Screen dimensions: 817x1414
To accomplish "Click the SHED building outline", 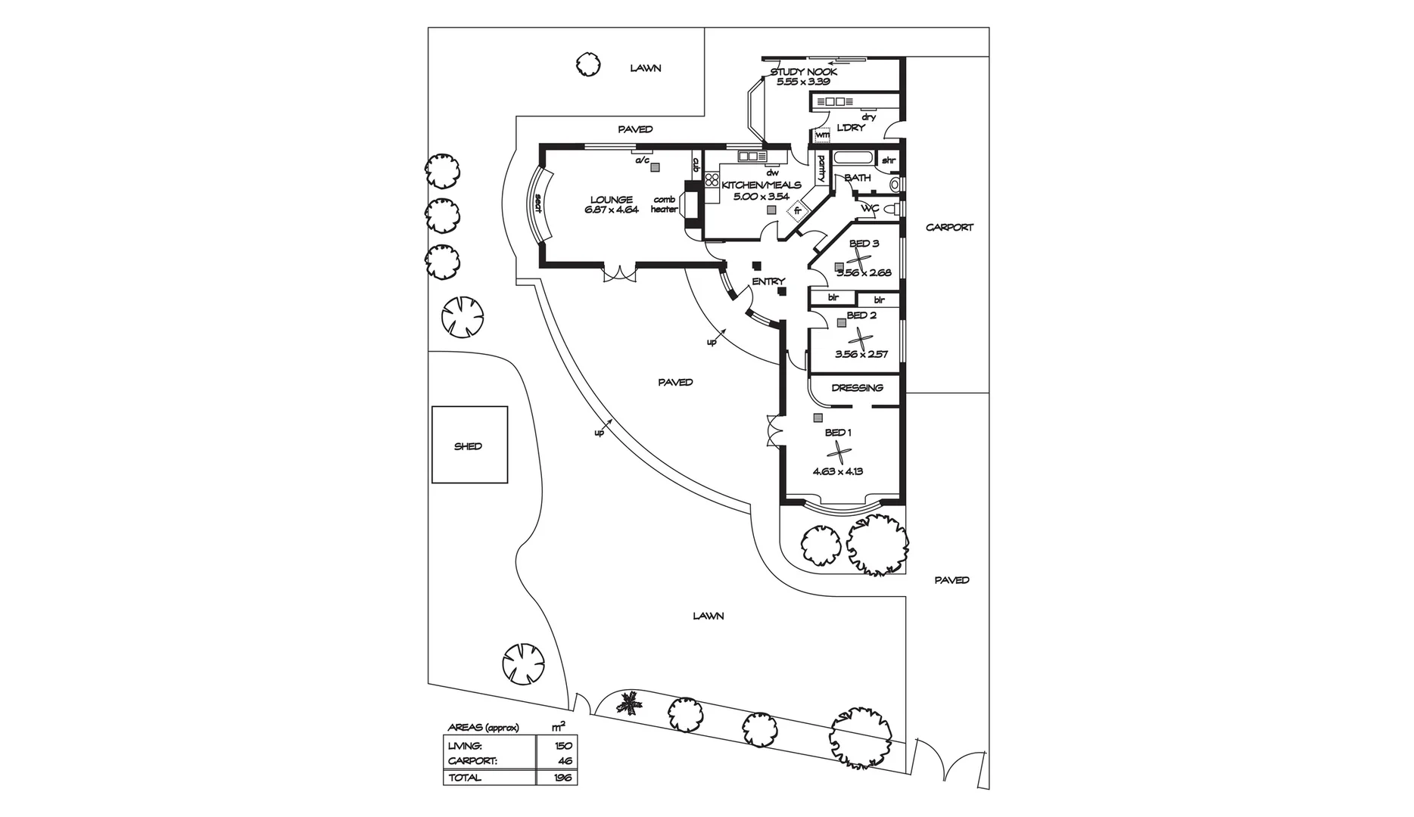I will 469,445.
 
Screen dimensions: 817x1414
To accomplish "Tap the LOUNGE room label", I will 612,200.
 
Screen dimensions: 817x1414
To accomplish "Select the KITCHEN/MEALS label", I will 761,185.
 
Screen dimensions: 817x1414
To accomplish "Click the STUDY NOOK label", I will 804,72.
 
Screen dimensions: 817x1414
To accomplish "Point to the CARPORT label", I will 949,227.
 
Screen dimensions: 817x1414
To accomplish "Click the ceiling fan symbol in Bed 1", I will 838,452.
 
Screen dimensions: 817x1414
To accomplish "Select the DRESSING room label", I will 857,387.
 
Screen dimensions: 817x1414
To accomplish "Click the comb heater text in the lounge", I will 664,204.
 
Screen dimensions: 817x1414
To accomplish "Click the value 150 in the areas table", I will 563,746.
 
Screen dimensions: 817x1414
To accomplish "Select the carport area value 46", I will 565,761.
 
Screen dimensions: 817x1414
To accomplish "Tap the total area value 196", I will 563,778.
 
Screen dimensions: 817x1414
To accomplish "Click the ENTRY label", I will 768,281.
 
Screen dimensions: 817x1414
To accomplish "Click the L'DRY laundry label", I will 850,128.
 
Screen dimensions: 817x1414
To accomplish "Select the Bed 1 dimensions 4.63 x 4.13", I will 838,471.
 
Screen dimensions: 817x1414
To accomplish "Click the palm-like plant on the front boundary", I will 628,704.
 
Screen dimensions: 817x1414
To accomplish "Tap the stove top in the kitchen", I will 711,180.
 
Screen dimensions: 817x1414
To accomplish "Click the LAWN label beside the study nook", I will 646,68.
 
